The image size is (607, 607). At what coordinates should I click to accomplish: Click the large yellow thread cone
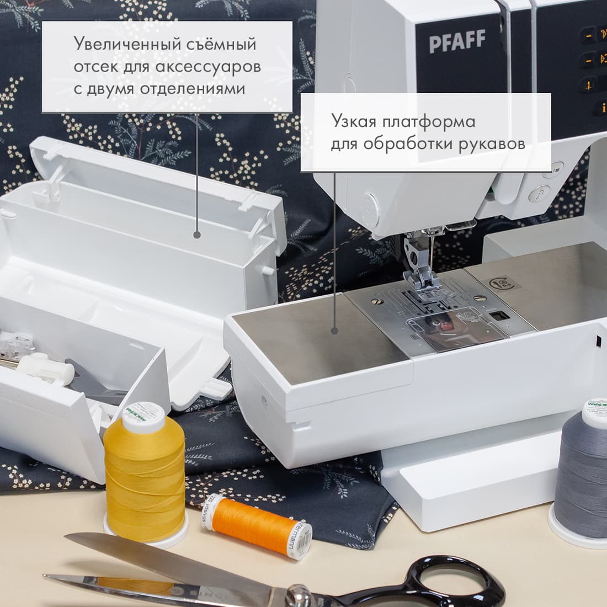[x=145, y=468]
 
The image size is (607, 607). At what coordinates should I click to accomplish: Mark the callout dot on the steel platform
[x=334, y=331]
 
